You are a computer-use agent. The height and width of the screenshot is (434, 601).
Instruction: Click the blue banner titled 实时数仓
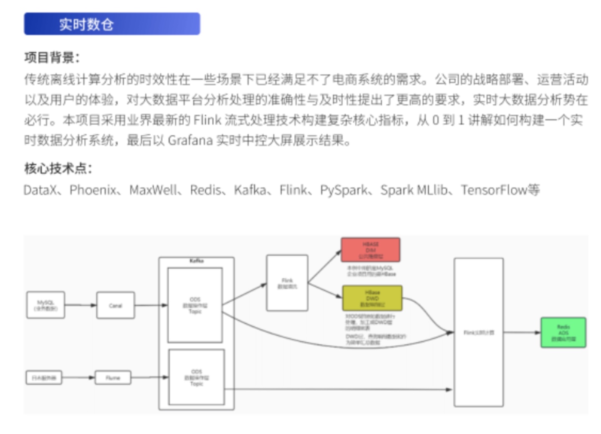tap(112, 24)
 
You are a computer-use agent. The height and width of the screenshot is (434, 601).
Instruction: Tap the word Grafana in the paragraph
tap(190, 140)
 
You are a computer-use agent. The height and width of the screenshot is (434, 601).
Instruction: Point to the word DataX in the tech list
tap(40, 190)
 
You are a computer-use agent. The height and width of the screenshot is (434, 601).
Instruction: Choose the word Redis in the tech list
tap(205, 190)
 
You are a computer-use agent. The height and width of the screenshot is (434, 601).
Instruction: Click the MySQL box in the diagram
tap(45, 305)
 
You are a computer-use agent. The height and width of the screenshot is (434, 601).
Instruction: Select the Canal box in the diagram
tap(116, 305)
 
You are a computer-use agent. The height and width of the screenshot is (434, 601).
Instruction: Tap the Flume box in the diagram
tap(113, 378)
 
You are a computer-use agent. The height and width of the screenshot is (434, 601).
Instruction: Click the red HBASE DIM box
tap(371, 250)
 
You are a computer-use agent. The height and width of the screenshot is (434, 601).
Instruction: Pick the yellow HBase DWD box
tap(372, 298)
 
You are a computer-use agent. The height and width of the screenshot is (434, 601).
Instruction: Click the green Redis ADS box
tap(563, 333)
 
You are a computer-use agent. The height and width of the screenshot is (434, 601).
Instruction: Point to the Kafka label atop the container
tap(196, 261)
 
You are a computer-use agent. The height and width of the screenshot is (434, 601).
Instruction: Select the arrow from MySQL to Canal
tap(81, 305)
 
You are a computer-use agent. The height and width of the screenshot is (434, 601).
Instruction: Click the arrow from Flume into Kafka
tap(149, 377)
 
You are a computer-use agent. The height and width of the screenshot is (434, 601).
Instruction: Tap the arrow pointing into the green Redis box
tap(522, 333)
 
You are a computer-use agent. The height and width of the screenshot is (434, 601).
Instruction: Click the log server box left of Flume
tap(44, 378)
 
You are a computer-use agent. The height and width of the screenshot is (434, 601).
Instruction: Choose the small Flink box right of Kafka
tap(287, 283)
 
